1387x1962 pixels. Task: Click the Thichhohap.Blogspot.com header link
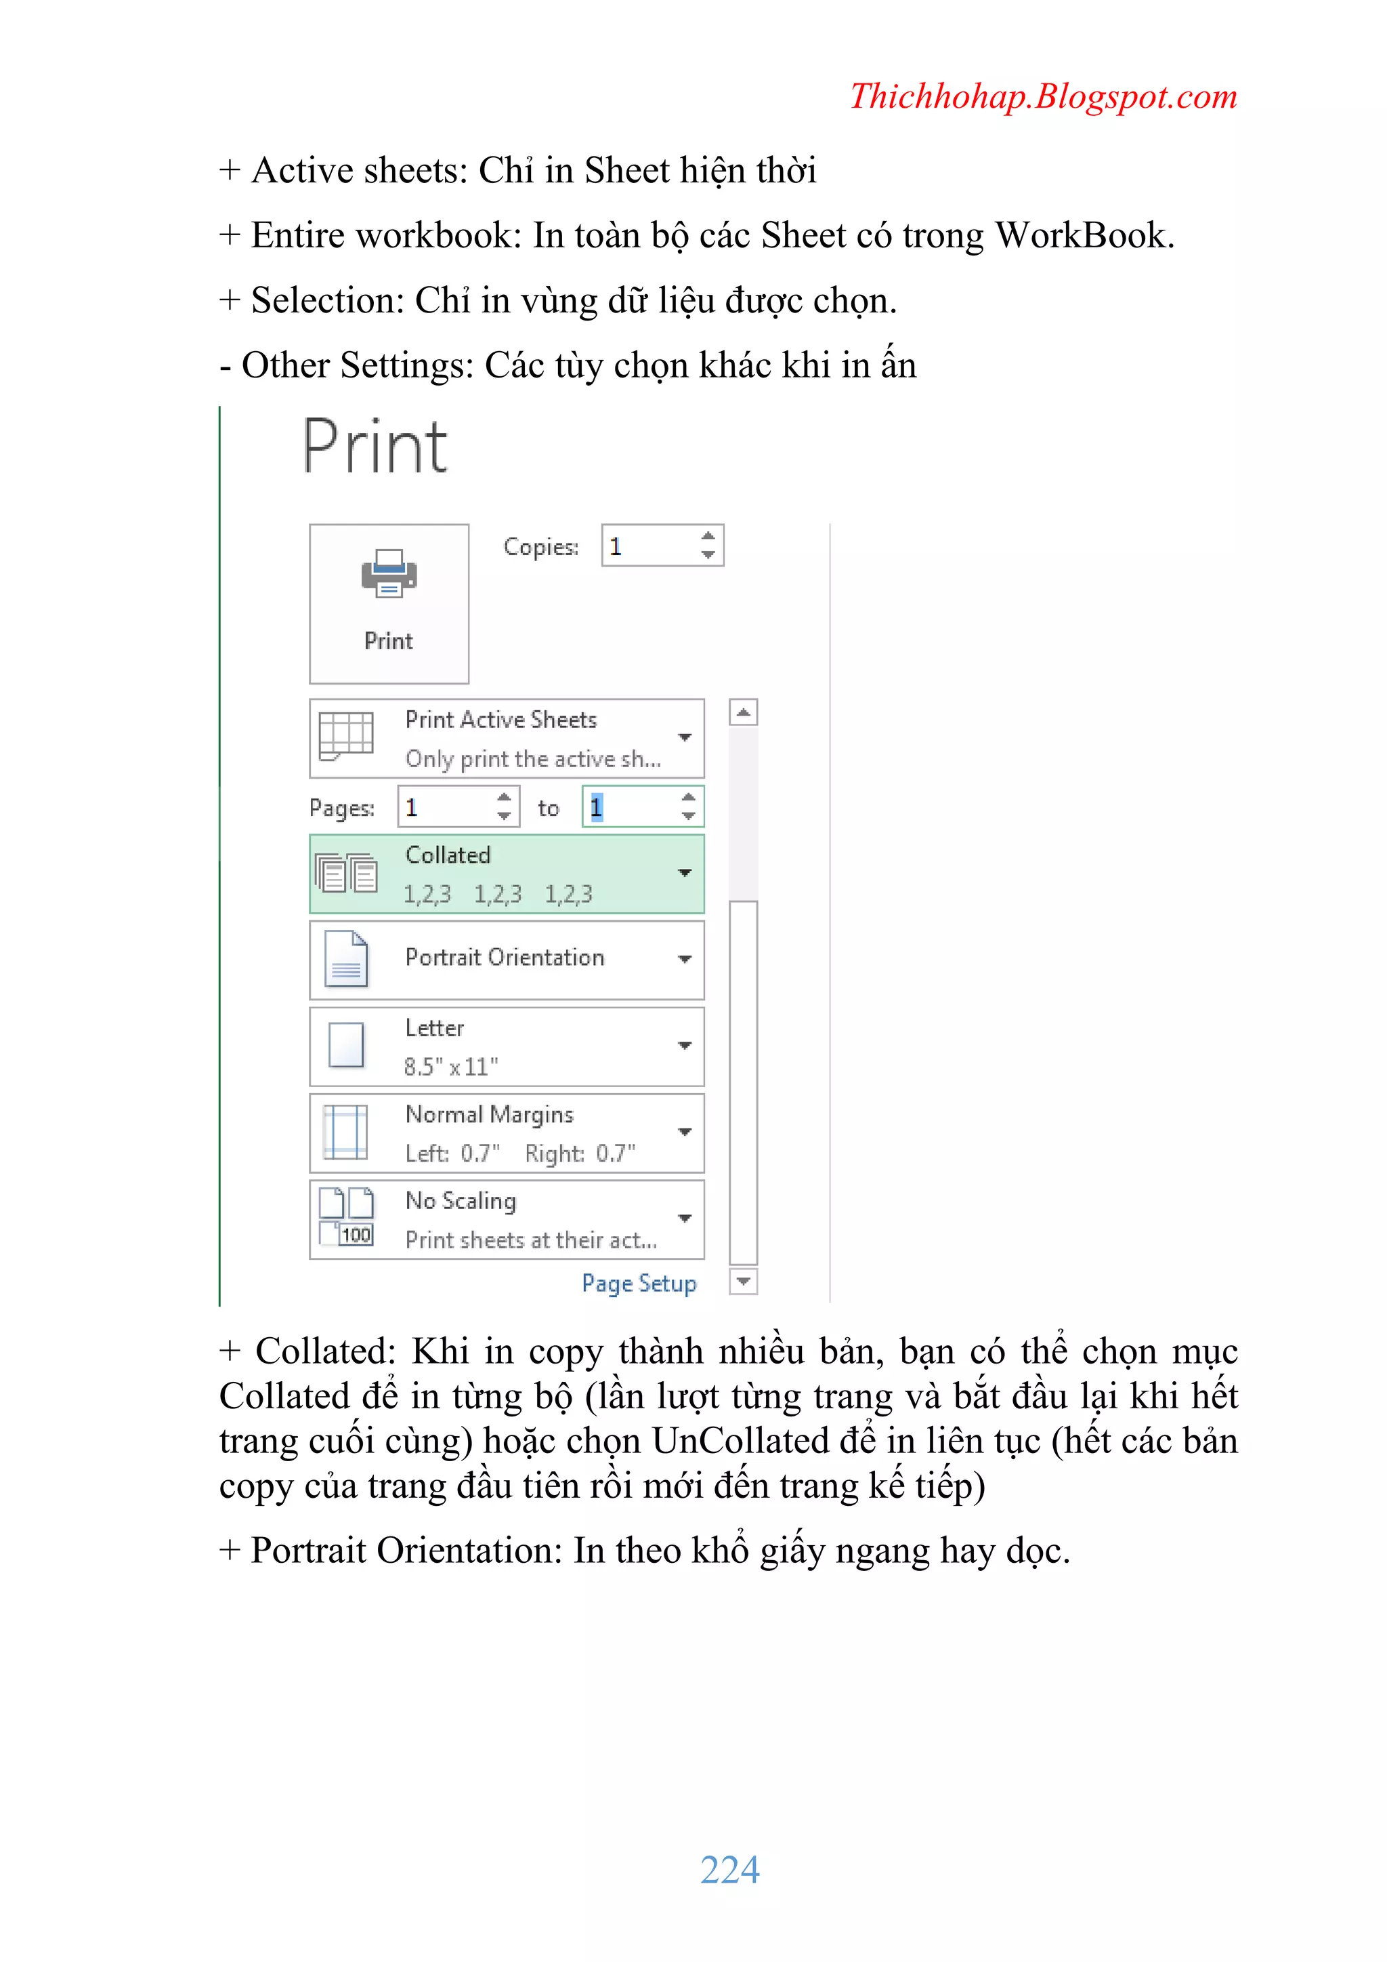(1043, 96)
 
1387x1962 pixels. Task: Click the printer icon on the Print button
(389, 573)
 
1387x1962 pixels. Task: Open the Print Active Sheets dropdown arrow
(685, 737)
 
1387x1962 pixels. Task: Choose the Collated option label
(448, 855)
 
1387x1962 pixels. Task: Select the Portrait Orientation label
(504, 958)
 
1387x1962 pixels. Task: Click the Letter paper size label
(435, 1028)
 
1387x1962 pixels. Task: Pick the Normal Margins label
(488, 1114)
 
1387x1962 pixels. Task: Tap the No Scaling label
(461, 1201)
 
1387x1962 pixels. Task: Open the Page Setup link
(639, 1284)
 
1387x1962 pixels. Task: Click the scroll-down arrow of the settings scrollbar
(744, 1281)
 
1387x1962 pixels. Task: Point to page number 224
(729, 1870)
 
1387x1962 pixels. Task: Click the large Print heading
(375, 447)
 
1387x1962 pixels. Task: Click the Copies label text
(540, 547)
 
